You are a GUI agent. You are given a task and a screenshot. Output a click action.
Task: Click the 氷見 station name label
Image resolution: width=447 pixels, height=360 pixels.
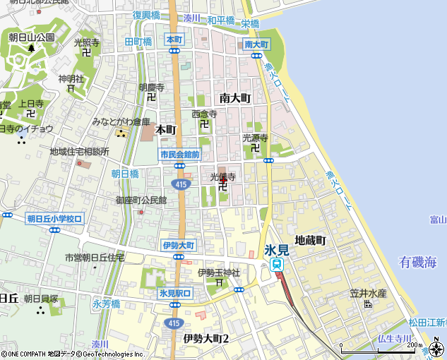[275, 250]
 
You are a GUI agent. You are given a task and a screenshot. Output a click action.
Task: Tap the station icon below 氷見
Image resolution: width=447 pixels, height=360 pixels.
[277, 264]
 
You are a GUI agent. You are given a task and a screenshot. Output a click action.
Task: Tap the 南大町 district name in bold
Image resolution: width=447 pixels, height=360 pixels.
[235, 98]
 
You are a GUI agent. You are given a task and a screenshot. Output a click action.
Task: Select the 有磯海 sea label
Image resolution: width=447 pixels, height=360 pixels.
[418, 263]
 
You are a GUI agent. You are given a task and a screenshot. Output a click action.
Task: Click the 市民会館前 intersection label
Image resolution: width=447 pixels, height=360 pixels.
[179, 154]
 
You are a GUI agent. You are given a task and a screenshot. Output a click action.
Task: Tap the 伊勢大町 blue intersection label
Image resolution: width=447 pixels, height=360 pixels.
[178, 245]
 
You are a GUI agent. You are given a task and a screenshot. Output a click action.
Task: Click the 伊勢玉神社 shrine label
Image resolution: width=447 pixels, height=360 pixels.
[219, 272]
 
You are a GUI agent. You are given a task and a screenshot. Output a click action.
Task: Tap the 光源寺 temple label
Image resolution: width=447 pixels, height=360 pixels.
[256, 138]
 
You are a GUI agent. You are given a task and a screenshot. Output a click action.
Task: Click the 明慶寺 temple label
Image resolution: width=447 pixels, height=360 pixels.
[151, 88]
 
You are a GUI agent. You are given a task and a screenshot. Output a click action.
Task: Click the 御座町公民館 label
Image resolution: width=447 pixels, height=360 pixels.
[141, 200]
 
